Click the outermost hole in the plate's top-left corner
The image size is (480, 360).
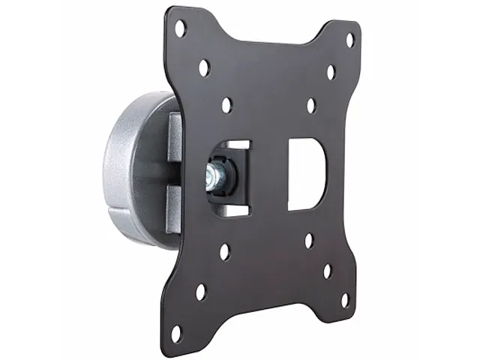[180, 30]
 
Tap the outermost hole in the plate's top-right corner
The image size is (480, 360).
[349, 40]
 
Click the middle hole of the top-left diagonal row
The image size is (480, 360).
[204, 68]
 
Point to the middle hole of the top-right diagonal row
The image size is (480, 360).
[331, 73]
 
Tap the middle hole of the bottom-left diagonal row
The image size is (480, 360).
[201, 290]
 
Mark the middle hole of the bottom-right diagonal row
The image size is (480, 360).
[327, 270]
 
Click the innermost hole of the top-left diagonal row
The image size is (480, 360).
[227, 104]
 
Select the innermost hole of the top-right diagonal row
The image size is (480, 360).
[311, 105]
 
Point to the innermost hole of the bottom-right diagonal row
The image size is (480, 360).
[308, 241]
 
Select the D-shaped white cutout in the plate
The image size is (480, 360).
[306, 172]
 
